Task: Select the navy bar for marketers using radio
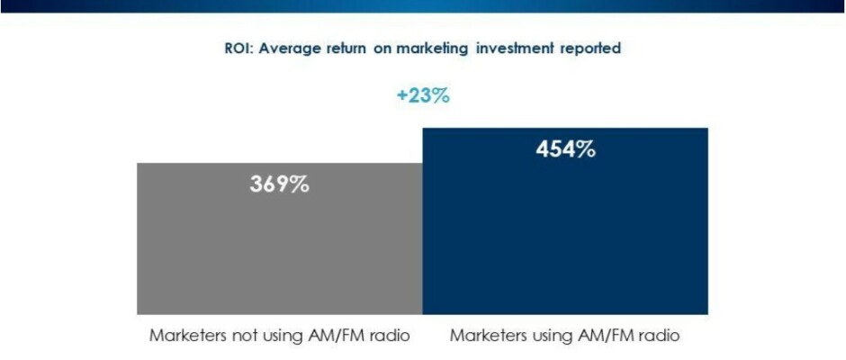(x=564, y=234)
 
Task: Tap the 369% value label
(x=279, y=185)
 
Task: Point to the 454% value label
(x=565, y=149)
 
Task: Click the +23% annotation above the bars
(x=423, y=95)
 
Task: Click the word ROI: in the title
(x=240, y=49)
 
